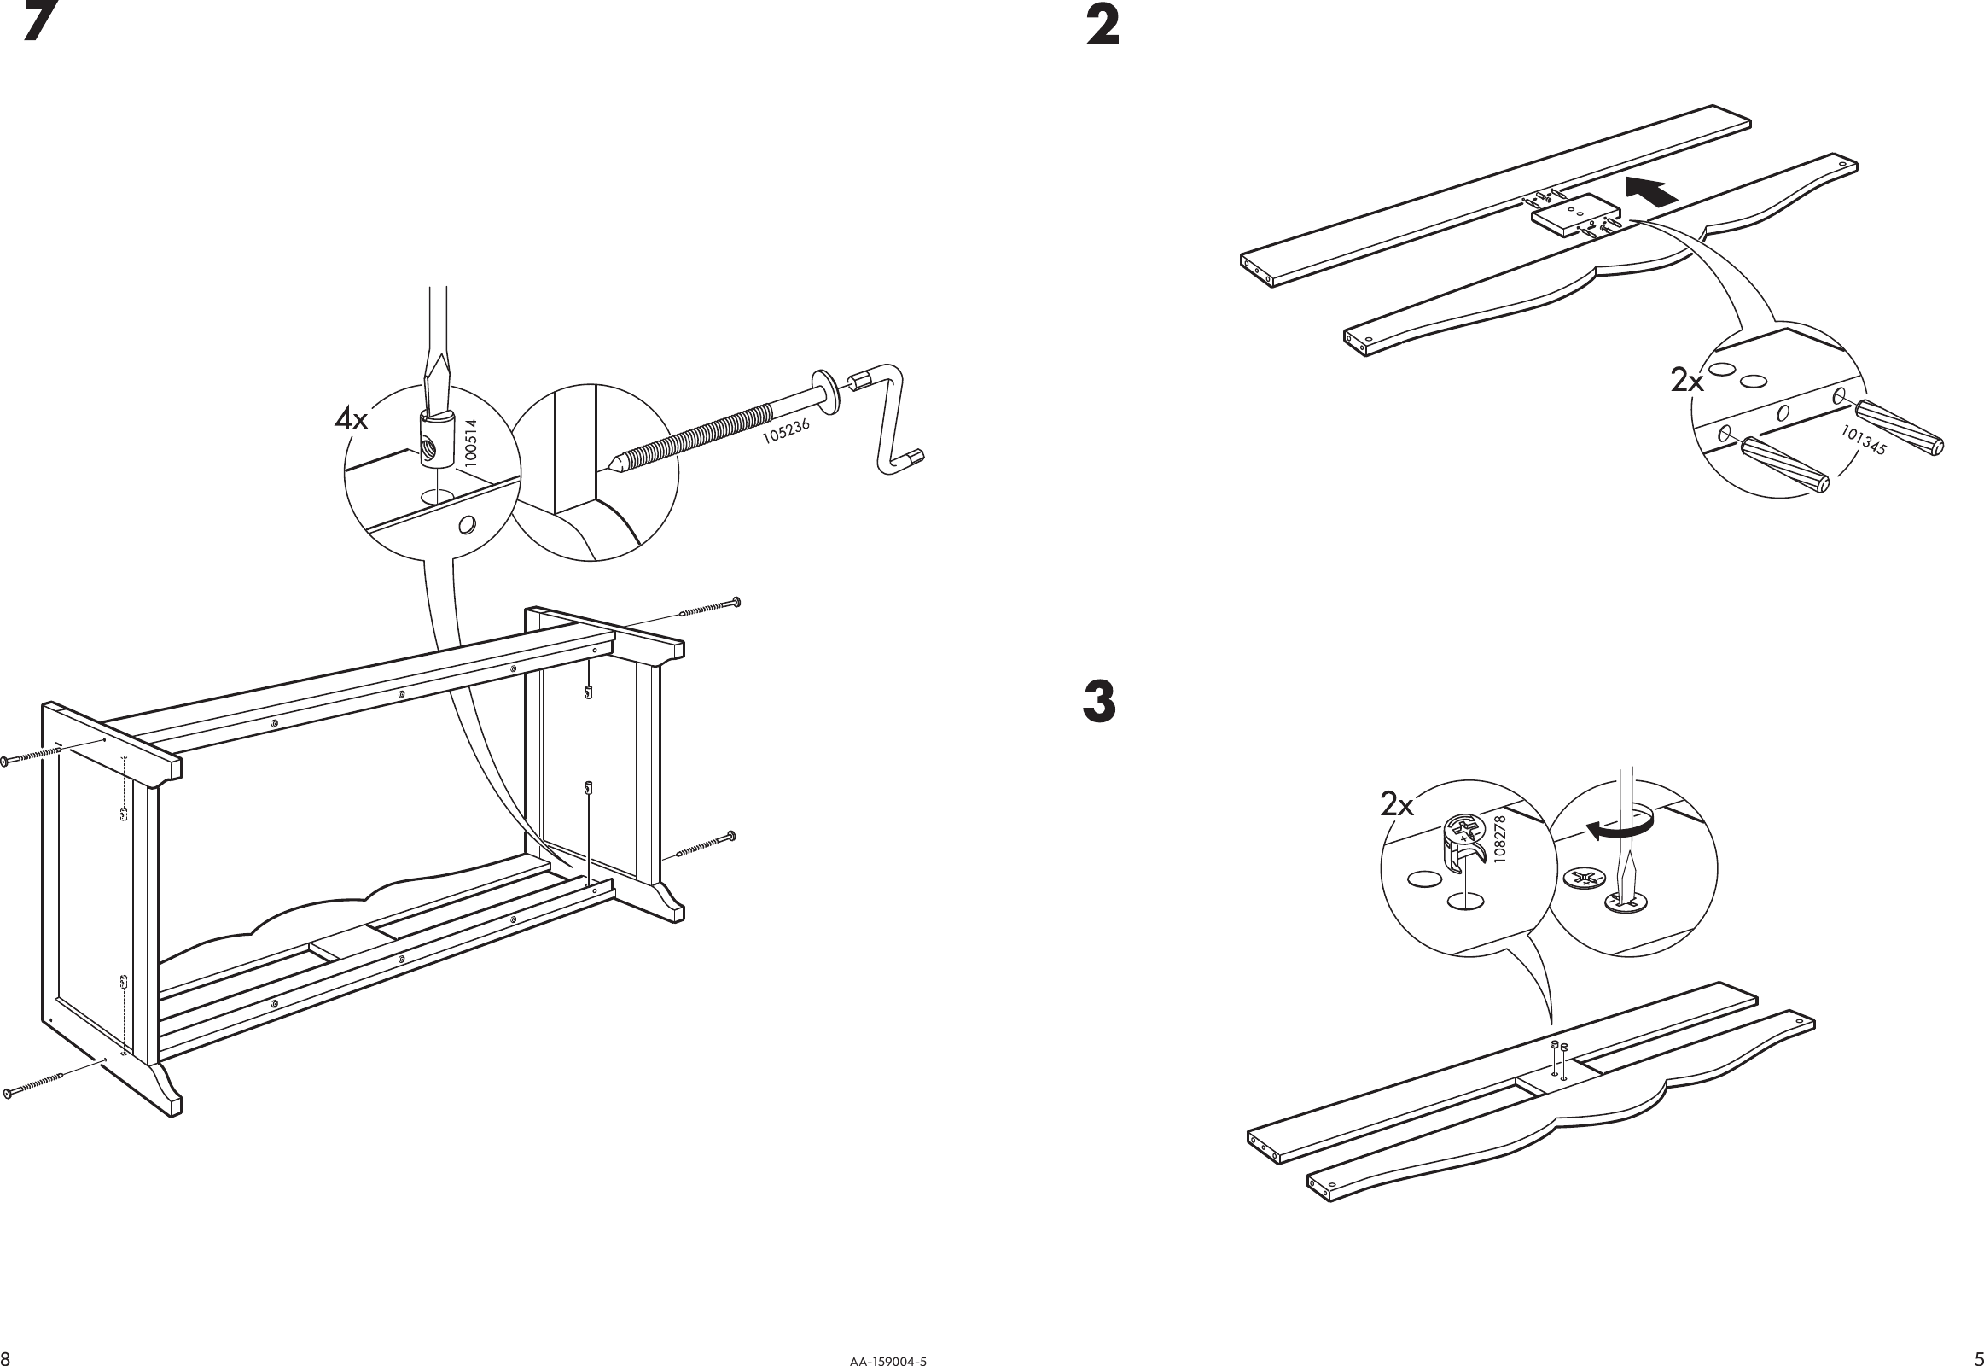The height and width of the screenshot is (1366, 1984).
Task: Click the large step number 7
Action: (40, 22)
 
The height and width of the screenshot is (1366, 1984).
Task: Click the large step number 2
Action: (1102, 26)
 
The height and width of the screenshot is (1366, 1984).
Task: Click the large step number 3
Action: (1099, 702)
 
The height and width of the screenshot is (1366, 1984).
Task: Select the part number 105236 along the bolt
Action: (785, 429)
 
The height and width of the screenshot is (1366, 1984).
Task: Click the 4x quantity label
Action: (351, 419)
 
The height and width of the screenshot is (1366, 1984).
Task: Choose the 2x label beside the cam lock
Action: (1397, 804)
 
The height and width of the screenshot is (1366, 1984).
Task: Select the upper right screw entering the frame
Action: (709, 608)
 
